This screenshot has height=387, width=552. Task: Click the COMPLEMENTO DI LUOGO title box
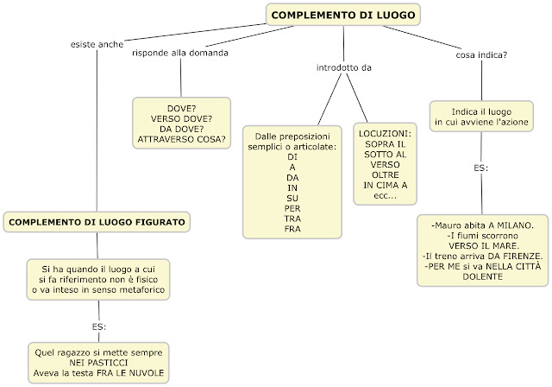[343, 15]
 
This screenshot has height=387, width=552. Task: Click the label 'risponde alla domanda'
[179, 54]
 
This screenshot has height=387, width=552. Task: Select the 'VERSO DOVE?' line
[181, 118]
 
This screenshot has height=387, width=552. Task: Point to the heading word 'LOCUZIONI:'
[387, 134]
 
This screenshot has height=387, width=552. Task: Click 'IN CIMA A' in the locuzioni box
[387, 185]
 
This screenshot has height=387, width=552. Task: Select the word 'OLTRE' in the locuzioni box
[387, 174]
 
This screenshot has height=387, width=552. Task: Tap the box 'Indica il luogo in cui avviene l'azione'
[481, 118]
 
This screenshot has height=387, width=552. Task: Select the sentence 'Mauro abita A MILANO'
[483, 225]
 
